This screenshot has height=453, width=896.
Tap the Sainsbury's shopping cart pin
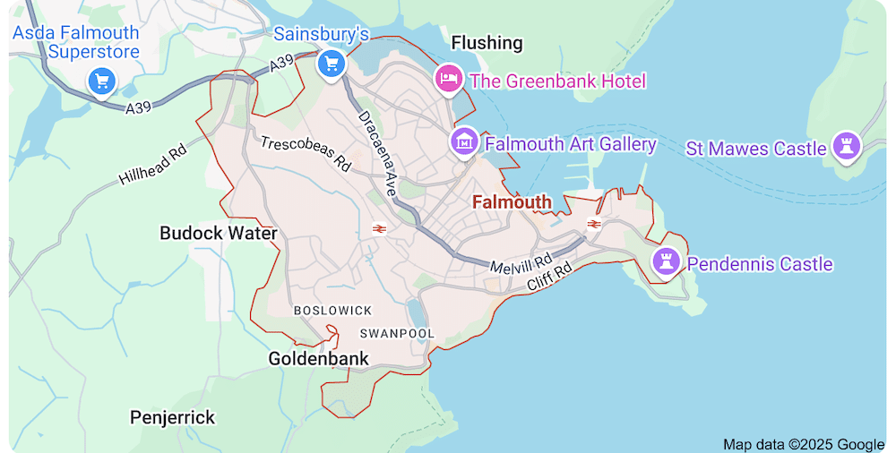click(x=332, y=64)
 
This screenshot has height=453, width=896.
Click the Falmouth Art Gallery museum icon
click(x=464, y=141)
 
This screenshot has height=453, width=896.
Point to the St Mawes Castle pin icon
click(x=845, y=145)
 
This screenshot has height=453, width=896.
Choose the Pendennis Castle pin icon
click(x=665, y=261)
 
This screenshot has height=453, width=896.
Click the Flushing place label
click(x=487, y=43)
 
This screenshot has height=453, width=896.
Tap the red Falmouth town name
click(x=512, y=202)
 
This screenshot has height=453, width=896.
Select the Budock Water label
click(x=218, y=233)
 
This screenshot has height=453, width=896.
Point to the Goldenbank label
click(x=318, y=359)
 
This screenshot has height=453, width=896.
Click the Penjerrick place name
click(x=173, y=417)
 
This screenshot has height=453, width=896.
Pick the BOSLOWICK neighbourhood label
click(x=332, y=310)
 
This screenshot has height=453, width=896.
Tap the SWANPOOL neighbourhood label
click(x=397, y=333)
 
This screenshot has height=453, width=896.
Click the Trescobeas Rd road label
click(x=306, y=153)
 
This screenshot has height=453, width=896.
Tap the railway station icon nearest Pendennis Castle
click(x=592, y=223)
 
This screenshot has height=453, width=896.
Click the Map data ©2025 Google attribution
click(x=804, y=444)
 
